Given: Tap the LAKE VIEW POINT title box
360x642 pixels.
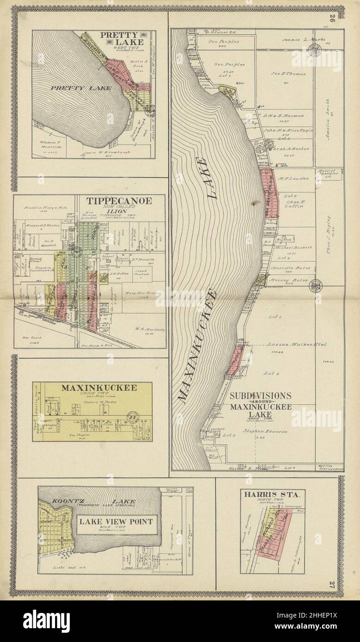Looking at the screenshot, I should [x=115, y=523].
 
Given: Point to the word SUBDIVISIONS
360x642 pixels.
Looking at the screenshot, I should [x=260, y=396].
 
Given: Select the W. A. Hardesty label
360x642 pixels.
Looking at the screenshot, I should [x=147, y=330].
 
